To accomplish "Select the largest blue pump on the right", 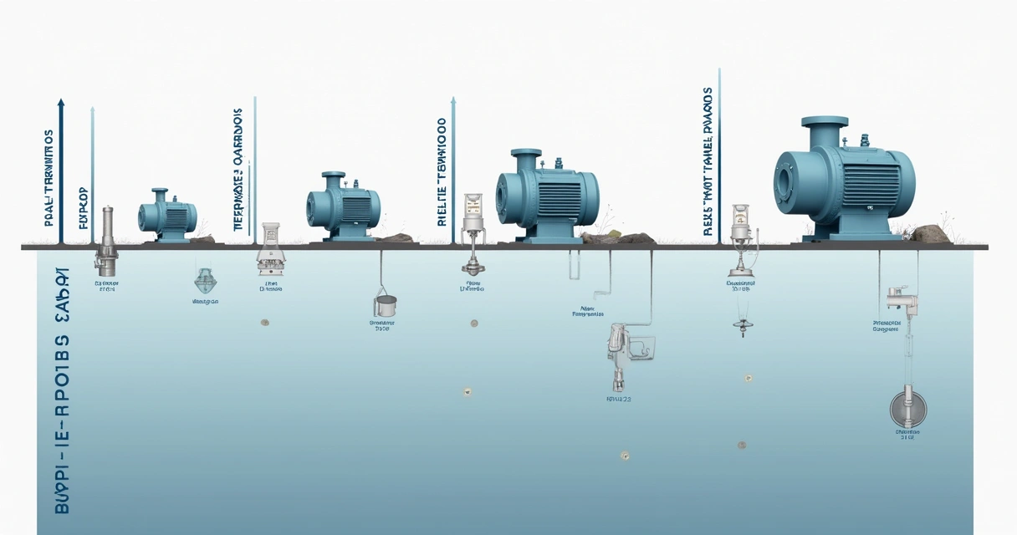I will click(x=845, y=180).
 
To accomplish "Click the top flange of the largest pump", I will click(x=825, y=123).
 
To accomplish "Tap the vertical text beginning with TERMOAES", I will click(x=238, y=171).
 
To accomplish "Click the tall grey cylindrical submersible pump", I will click(x=105, y=242).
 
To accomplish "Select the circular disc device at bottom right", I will click(x=908, y=408).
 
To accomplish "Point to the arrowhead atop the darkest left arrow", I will click(x=60, y=103).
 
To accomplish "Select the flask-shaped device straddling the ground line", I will click(x=268, y=248).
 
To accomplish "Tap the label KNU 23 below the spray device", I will click(x=618, y=400).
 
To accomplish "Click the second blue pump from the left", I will click(x=343, y=205).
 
